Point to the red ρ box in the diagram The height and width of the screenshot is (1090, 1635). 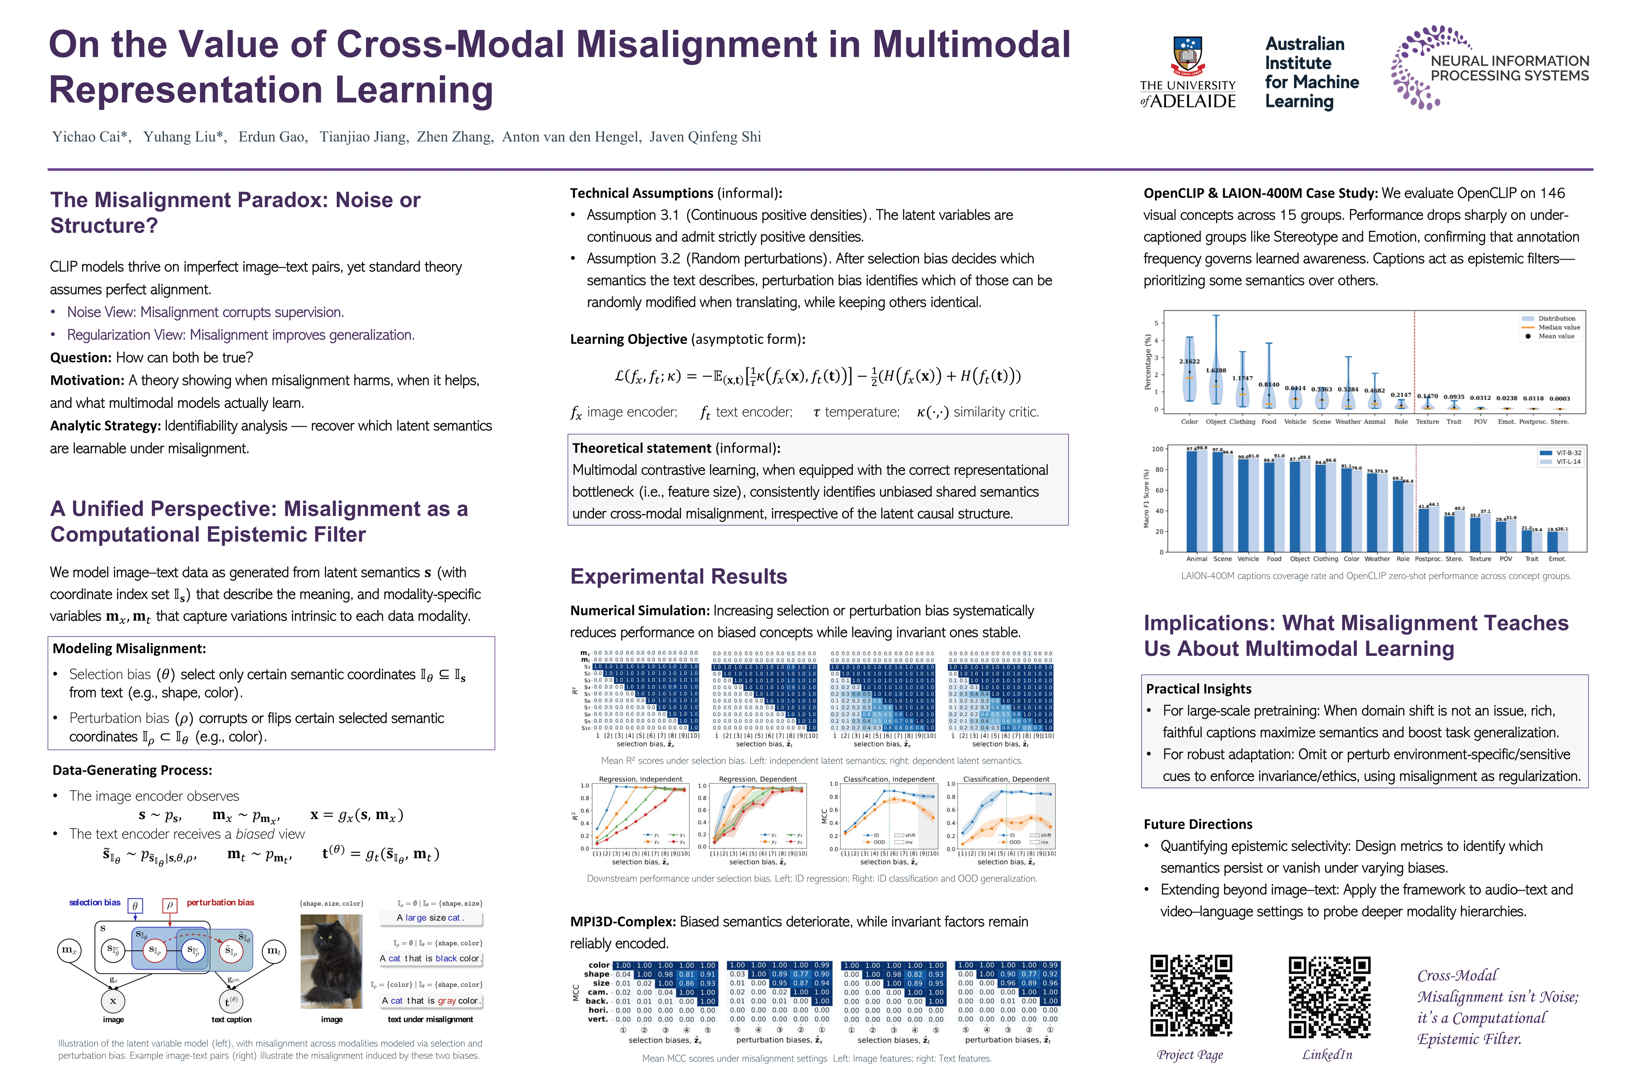pyautogui.click(x=169, y=905)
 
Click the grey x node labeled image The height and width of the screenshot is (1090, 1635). pyautogui.click(x=113, y=1001)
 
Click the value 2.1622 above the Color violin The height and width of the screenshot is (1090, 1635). pyautogui.click(x=1190, y=361)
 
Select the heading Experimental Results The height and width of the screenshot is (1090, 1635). pyautogui.click(x=679, y=576)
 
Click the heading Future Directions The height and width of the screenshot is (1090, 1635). pyautogui.click(x=1198, y=824)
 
